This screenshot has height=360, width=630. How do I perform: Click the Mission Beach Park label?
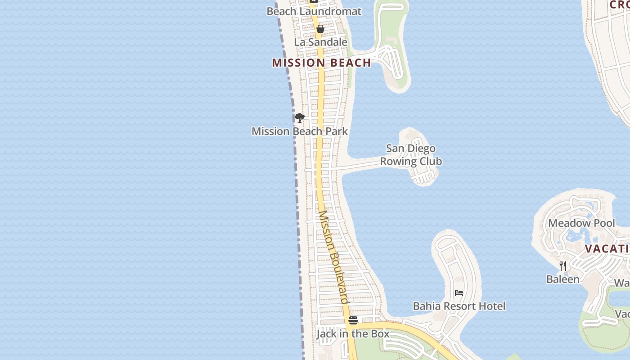(300, 131)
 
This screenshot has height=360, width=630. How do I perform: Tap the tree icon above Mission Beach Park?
(299, 118)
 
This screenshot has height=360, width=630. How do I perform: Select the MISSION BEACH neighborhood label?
(321, 63)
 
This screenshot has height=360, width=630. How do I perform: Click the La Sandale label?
(320, 42)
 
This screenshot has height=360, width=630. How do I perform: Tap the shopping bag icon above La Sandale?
(320, 29)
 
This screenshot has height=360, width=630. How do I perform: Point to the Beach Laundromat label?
(314, 11)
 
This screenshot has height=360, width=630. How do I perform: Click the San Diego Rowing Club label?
(411, 155)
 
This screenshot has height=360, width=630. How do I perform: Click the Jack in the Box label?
(353, 334)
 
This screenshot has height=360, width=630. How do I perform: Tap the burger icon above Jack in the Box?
(353, 320)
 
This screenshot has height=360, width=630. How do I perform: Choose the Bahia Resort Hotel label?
(459, 306)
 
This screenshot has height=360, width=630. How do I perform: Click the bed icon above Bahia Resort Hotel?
(459, 293)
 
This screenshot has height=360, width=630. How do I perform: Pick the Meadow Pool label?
(581, 223)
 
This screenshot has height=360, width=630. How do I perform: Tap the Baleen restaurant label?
(562, 279)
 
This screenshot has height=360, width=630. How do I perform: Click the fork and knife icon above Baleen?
(562, 266)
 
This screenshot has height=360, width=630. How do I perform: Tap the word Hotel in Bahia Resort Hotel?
(492, 306)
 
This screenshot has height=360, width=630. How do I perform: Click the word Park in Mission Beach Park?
(337, 131)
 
